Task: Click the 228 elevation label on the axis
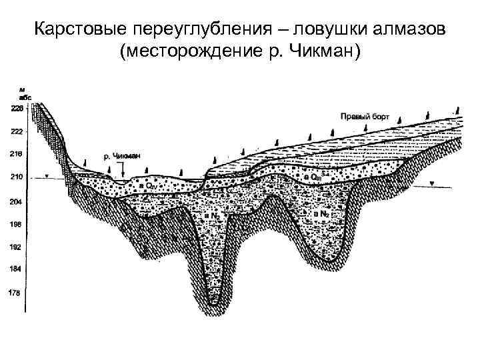pyautogui.click(x=15, y=108)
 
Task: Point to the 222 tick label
pyautogui.click(x=15, y=132)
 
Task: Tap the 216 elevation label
pyautogui.click(x=15, y=153)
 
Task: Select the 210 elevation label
pyautogui.click(x=15, y=177)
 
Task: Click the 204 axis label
pyautogui.click(x=15, y=201)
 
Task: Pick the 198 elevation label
pyautogui.click(x=15, y=225)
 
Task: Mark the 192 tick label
pyautogui.click(x=15, y=247)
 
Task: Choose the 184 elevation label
pyautogui.click(x=15, y=269)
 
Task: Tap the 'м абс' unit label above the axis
pyautogui.click(x=24, y=93)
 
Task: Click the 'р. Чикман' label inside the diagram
pyautogui.click(x=122, y=157)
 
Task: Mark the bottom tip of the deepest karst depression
pyautogui.click(x=213, y=305)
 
